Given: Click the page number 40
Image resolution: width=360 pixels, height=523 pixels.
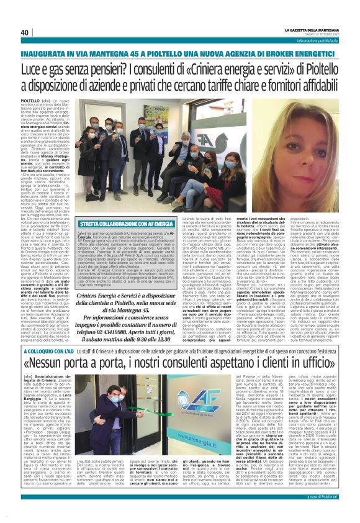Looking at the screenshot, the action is pyautogui.click(x=25, y=32).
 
